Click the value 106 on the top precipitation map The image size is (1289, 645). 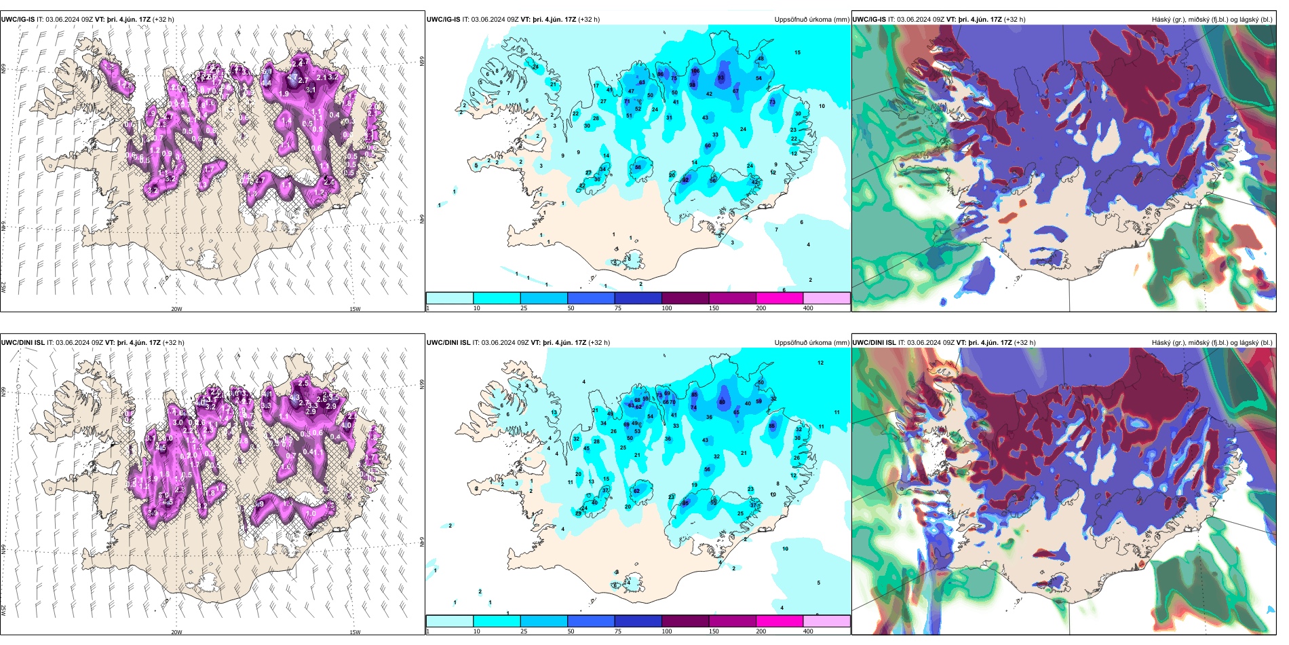(x=695, y=71)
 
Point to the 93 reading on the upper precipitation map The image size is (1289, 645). (x=721, y=78)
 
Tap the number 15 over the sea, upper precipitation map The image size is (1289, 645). (x=798, y=52)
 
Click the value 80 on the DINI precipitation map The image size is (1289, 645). (x=723, y=403)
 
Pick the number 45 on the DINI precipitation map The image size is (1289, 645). (x=586, y=449)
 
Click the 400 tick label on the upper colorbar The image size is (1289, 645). (x=808, y=308)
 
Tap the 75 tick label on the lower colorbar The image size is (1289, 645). (x=618, y=631)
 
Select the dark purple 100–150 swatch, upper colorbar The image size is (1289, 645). (x=685, y=298)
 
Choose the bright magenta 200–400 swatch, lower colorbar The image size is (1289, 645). (x=780, y=621)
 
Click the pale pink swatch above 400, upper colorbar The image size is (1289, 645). (x=826, y=298)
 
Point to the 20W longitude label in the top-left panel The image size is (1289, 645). (x=176, y=309)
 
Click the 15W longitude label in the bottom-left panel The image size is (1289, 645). (x=355, y=632)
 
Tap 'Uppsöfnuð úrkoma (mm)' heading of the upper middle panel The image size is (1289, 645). (x=811, y=20)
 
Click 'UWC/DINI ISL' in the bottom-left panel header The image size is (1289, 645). (x=22, y=343)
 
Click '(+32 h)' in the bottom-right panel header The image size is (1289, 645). (x=1024, y=343)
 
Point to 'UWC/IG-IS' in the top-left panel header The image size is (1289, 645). (x=18, y=20)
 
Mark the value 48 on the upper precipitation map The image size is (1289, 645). (x=761, y=58)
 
